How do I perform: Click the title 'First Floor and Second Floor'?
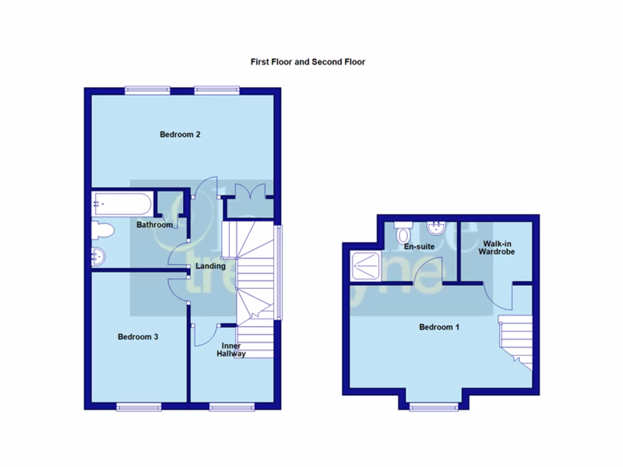308,61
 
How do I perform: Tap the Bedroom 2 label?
180,134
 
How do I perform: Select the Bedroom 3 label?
138,337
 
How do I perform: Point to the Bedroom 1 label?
439,327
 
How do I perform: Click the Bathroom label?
154,225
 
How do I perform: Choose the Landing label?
211,266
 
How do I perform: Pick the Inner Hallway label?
231,350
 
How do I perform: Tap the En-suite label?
419,247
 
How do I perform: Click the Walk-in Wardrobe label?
496,247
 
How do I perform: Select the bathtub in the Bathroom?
122,204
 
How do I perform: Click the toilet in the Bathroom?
102,231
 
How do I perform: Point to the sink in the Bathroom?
99,257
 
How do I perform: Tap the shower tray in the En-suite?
366,266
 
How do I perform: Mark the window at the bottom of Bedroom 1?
433,407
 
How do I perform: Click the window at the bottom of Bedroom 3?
138,407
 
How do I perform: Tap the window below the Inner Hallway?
231,407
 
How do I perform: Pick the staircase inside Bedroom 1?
516,341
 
